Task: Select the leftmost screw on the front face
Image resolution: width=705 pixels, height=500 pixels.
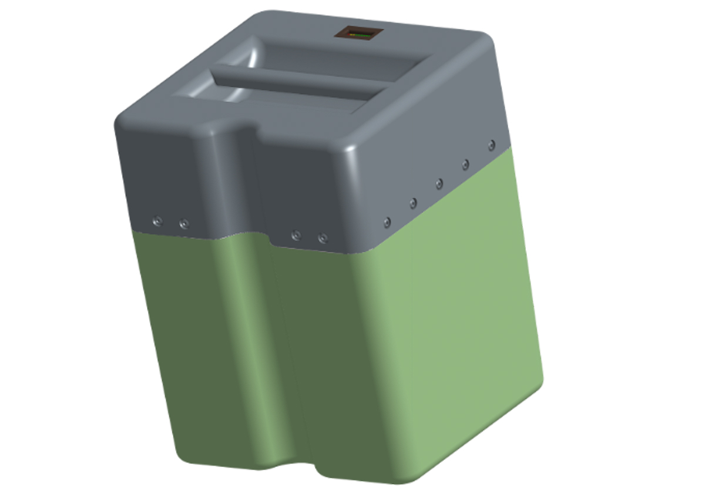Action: [x=157, y=222]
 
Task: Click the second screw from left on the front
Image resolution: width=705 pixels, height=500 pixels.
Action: [x=184, y=224]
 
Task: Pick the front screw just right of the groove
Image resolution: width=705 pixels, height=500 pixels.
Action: [x=296, y=236]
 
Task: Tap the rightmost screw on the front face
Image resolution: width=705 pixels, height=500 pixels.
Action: [x=322, y=239]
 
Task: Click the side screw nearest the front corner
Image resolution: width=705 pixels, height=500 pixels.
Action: [x=387, y=222]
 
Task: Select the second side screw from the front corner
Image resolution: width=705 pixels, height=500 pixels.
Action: [x=413, y=203]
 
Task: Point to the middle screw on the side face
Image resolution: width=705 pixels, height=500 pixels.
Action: [x=439, y=184]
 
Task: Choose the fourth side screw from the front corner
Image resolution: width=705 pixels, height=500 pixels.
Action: [x=465, y=164]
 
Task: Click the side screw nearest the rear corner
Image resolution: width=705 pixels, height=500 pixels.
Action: [x=491, y=144]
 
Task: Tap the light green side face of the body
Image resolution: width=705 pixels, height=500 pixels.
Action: [x=470, y=306]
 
